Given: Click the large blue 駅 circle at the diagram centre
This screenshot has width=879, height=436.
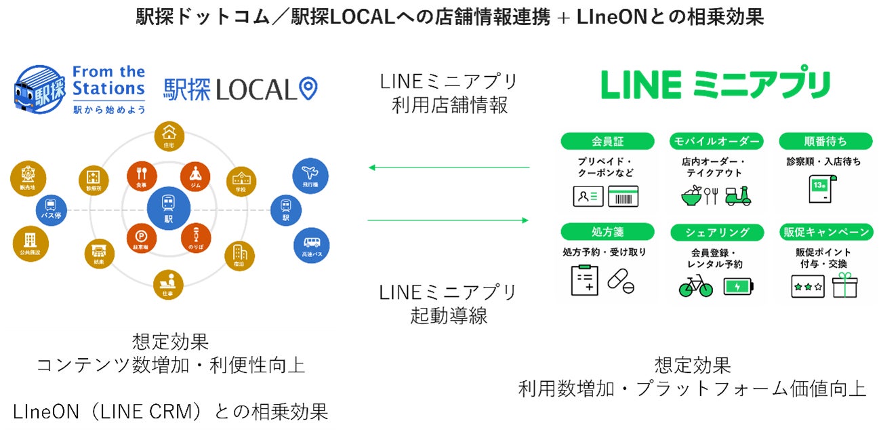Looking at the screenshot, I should pos(169,210).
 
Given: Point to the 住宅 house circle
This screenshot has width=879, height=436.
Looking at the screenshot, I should pos(169,138).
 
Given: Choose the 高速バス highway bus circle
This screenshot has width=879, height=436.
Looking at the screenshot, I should pos(311,245).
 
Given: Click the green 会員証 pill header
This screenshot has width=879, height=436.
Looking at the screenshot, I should pos(607,141).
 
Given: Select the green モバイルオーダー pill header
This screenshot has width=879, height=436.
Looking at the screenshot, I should pos(716,141).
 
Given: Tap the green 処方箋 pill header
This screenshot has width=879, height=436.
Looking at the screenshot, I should pos(607,232).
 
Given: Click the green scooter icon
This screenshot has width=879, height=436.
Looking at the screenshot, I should pos(738,196).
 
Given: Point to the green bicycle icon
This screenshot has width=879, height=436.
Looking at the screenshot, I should pos(696,286).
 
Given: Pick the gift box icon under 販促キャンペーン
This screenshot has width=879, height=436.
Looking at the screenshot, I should pos(844,285).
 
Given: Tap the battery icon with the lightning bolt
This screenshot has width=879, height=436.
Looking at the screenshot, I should pos(737,287).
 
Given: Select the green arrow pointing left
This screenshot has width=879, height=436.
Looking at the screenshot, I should pos(447,167).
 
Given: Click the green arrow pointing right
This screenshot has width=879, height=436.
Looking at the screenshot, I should pos(447,220).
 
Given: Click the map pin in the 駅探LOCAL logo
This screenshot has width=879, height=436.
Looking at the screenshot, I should pos(308,89).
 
